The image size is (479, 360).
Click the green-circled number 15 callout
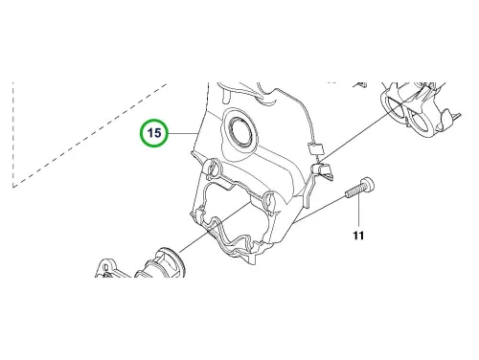(154, 133)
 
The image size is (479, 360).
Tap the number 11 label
(358, 236)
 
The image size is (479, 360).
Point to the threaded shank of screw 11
(354, 191)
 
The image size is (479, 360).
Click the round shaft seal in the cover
(241, 131)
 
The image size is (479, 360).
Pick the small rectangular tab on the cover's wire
(315, 148)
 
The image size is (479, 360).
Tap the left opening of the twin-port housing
(395, 107)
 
